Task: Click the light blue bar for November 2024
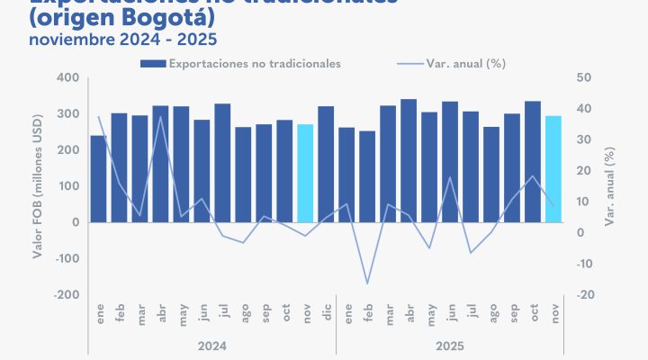[x=305, y=173]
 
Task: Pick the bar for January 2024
[x=98, y=178]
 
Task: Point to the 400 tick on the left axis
[x=68, y=77]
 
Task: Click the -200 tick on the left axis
[x=66, y=294]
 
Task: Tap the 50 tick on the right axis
[x=584, y=77]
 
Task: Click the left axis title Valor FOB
[x=38, y=185]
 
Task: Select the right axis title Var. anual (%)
[x=609, y=185]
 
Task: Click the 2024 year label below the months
[x=212, y=345]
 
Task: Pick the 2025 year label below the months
[x=450, y=345]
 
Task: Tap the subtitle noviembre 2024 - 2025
[x=122, y=40]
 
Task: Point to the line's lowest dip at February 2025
[x=367, y=283]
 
